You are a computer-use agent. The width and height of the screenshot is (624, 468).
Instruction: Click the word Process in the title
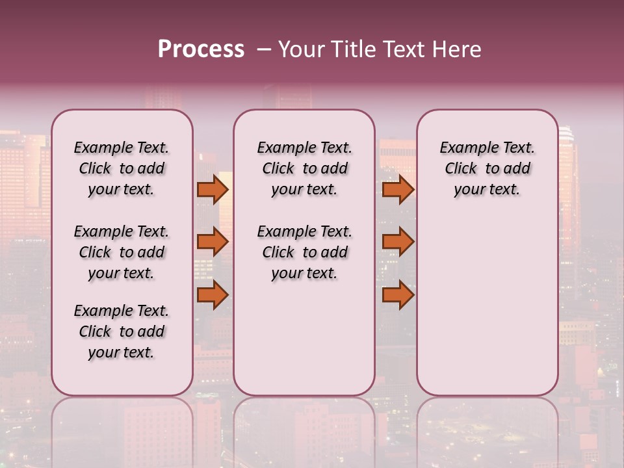201,49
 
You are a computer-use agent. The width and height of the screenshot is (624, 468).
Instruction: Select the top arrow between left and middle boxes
213,189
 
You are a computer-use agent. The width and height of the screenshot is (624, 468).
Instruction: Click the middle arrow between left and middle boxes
213,242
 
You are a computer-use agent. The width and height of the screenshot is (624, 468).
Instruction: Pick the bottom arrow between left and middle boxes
213,295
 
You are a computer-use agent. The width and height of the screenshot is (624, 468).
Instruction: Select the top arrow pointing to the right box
398,189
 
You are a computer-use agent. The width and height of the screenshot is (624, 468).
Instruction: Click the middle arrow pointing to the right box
398,242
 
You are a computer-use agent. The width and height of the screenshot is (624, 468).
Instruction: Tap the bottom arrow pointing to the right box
398,295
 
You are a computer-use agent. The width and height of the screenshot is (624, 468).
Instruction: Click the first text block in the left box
122,168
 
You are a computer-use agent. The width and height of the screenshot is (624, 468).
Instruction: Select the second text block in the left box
122,252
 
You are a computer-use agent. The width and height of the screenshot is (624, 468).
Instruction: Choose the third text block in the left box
122,331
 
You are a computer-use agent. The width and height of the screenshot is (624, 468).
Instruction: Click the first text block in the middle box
305,168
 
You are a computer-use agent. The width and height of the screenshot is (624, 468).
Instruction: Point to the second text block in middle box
305,252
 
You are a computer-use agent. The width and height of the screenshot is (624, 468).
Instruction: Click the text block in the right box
487,168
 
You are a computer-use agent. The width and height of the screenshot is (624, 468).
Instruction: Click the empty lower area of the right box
487,305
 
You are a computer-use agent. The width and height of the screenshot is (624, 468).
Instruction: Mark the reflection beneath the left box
122,429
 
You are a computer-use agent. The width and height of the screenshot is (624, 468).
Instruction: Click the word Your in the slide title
298,49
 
